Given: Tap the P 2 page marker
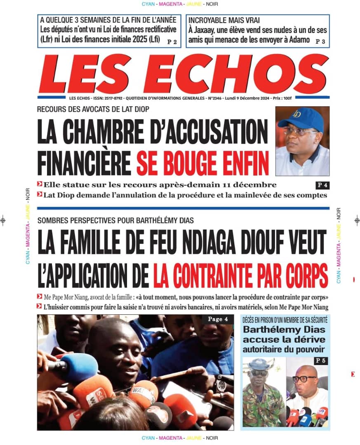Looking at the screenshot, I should [x=172, y=42].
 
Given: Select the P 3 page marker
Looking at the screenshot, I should [x=320, y=41].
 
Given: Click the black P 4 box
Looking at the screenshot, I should [x=321, y=185].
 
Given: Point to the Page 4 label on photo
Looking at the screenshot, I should [x=218, y=319].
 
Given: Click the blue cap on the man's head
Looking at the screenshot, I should [x=301, y=119].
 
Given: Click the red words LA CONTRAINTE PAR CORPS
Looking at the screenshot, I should [x=240, y=275].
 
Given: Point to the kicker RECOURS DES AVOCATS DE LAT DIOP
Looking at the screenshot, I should [x=93, y=109].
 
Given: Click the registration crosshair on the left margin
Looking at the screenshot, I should [x=3, y=220].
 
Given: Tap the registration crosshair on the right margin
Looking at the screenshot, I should [x=357, y=220].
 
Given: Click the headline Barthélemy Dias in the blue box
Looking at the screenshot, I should [x=284, y=330].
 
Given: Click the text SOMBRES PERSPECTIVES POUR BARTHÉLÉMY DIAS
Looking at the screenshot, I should [x=115, y=220].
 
